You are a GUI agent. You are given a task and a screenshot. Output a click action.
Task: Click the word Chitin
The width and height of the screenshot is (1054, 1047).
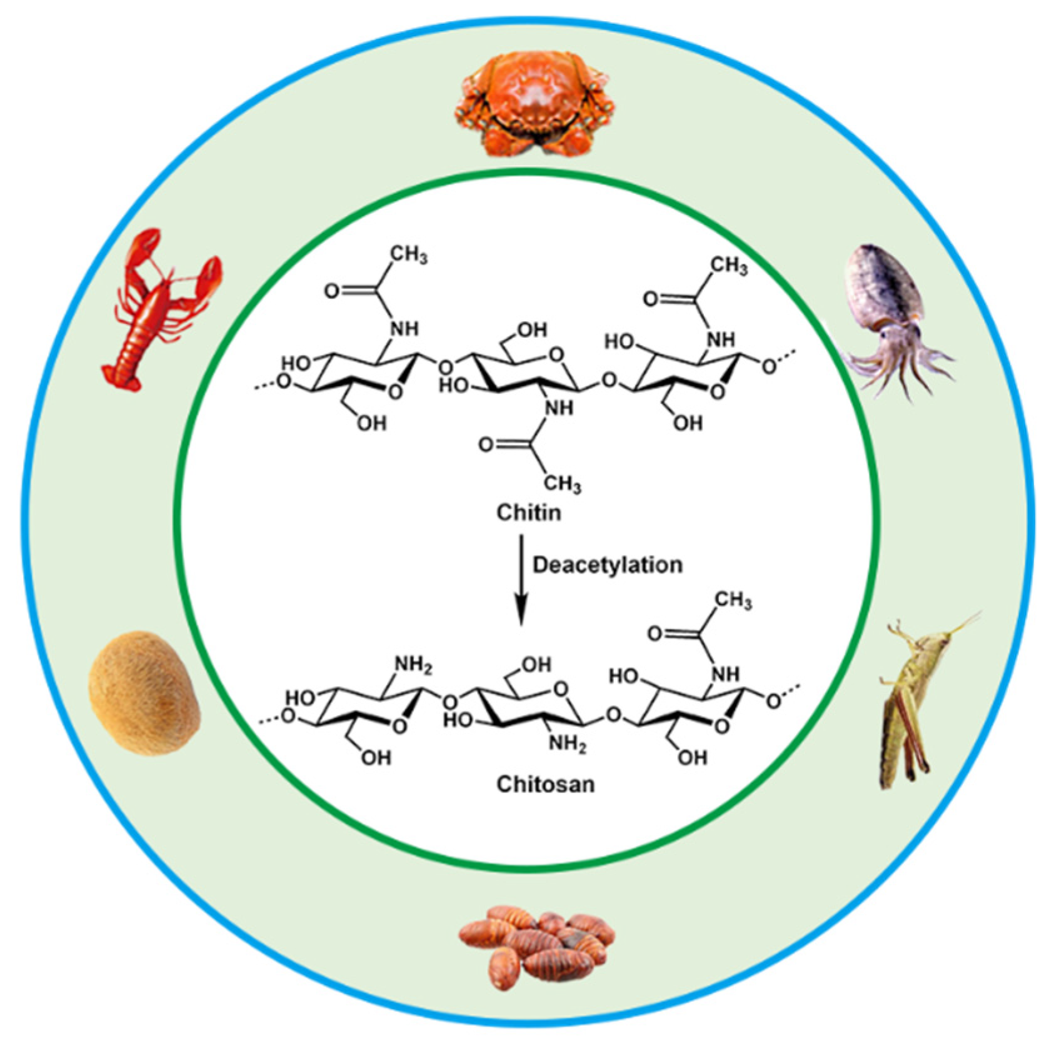528,513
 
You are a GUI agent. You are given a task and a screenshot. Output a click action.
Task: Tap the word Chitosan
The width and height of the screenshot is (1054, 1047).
545,784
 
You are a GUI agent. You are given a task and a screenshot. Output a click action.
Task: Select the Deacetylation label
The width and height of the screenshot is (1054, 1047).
607,565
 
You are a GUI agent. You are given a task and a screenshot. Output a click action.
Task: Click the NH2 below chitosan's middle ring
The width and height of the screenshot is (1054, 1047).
566,744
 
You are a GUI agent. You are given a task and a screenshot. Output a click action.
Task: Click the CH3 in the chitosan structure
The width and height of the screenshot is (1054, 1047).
733,601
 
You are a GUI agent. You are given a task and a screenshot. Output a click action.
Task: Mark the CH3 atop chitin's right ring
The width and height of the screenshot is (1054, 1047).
728,265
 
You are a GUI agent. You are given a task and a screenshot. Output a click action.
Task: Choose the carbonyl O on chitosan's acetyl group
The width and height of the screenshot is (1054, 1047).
654,633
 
